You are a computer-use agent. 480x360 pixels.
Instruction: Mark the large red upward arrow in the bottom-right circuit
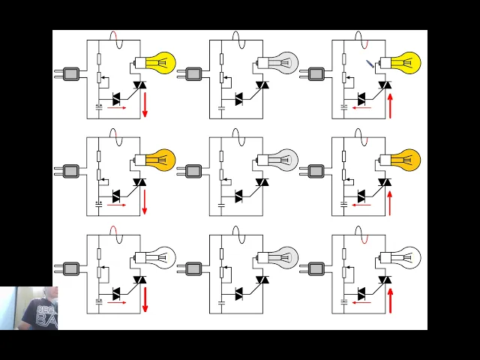click(390, 298)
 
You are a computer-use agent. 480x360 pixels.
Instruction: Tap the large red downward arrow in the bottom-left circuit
click(145, 298)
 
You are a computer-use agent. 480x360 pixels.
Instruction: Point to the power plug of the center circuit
click(193, 171)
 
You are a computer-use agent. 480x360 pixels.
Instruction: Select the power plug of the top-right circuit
click(315, 73)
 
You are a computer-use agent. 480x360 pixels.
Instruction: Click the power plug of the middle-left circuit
click(70, 171)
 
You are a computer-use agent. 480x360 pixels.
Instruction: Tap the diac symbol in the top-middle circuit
click(238, 98)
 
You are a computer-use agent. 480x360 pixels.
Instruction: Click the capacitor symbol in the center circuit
click(221, 204)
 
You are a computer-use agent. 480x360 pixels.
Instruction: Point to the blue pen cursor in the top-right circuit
click(370, 64)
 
